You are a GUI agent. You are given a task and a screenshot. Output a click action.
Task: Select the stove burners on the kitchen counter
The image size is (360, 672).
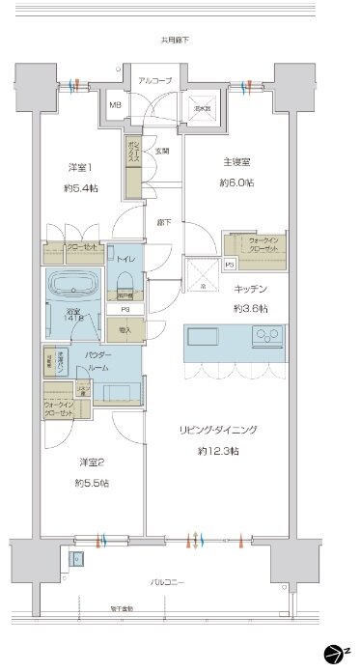pos(265,336)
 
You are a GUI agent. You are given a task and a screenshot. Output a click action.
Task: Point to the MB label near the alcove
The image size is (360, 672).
pos(115,105)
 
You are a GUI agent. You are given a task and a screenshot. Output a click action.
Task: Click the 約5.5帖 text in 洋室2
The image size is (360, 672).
pos(94,482)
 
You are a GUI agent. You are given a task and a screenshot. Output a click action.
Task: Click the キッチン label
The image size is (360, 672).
pos(250,289)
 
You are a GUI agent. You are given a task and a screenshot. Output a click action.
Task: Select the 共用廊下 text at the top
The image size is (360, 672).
pos(175,40)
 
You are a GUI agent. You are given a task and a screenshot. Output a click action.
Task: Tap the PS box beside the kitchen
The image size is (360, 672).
pos(230,264)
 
